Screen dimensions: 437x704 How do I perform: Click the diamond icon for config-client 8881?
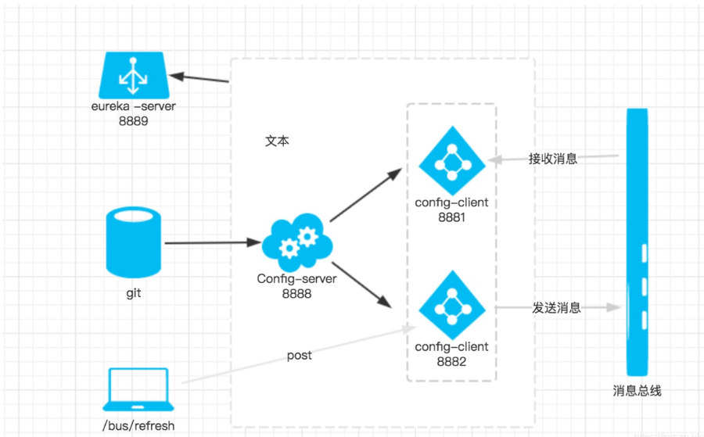tap(452, 161)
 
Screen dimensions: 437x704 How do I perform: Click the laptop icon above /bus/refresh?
tap(137, 389)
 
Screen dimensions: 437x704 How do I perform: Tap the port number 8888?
tap(296, 294)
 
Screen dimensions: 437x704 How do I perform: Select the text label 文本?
tap(277, 142)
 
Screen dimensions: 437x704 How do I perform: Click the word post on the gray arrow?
tap(299, 355)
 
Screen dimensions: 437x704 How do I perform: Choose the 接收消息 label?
tap(552, 159)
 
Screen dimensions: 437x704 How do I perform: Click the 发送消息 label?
tap(556, 308)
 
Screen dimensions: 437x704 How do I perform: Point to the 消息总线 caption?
tap(638, 390)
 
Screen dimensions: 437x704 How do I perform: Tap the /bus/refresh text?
tap(138, 425)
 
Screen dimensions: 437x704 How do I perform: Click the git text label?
tap(135, 294)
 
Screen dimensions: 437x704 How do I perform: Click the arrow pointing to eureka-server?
tap(200, 78)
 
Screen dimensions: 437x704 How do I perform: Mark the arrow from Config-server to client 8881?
tap(365, 195)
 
